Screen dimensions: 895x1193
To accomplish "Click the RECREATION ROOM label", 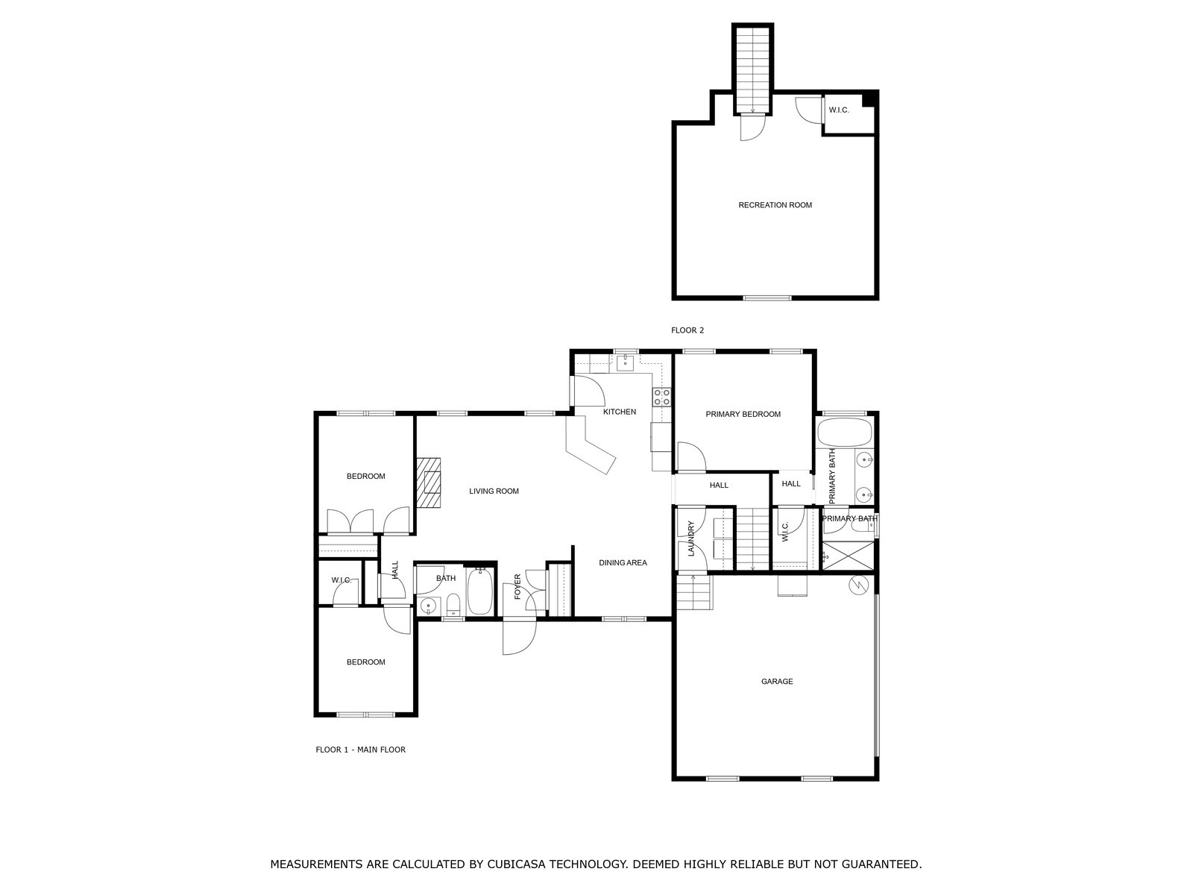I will coord(775,205).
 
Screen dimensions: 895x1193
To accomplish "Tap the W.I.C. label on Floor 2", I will coord(839,110).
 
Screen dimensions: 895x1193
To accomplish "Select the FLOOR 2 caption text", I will coord(687,330).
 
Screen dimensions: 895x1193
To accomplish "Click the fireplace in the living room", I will coord(429,483).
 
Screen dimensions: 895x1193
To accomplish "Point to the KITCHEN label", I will coord(620,412).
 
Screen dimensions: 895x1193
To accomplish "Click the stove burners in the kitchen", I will coord(661,397).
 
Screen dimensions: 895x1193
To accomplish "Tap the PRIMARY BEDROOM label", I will coord(743,414).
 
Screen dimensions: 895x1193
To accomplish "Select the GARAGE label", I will coord(777,682).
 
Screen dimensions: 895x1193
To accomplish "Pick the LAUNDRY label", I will coord(691,538).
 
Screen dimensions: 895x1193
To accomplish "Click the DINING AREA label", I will coord(623,563).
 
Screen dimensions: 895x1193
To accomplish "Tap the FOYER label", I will coord(517,587).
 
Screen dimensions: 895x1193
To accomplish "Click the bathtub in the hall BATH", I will coord(480,592).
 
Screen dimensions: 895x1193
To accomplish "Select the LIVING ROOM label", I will coord(494,492).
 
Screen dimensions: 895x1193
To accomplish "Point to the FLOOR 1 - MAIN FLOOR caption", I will coord(360,750).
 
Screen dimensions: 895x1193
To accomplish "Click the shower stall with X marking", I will coord(848,556).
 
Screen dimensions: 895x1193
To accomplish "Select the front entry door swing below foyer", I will coord(519,637).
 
